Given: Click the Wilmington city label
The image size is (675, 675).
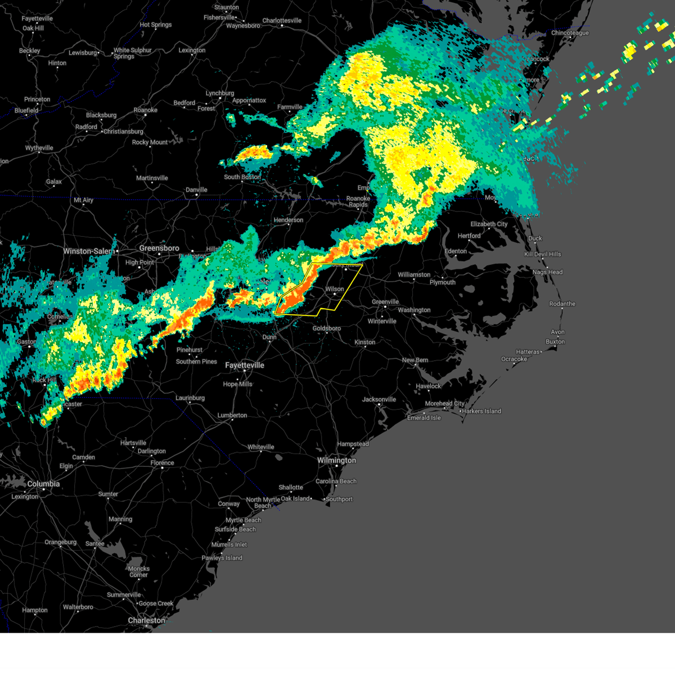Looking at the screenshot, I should pos(336,461).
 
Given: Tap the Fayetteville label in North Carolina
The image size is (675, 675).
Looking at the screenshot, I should pos(245,366).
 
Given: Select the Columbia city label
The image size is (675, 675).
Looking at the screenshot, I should pos(43,484).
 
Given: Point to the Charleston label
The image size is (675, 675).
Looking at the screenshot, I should pos(146,620).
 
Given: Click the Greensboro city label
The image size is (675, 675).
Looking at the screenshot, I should pos(159,248).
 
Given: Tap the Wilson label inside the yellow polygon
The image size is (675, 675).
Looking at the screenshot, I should pos(335,289).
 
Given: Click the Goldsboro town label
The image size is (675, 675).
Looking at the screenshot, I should pos(326,328).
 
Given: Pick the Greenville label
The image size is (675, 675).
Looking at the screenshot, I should pos(385,302).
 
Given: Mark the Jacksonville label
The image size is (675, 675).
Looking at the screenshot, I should pos(379,399).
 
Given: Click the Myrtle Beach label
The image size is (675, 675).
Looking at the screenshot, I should pos(244,520).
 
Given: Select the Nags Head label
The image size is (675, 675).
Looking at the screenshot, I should pos(547,272).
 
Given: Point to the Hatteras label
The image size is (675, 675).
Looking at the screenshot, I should pos(528,352).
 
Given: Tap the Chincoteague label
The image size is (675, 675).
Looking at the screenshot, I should pos(570,33).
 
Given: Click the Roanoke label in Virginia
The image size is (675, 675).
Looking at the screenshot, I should pos(145,110).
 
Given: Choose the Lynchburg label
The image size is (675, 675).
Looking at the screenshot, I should pos(219,93).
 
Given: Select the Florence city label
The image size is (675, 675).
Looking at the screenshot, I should pos(162,463).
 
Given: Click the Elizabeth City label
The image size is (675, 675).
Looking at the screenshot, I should pos(489,224).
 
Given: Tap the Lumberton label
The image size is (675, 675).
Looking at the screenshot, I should pos(232,416).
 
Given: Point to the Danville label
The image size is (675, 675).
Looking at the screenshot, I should pos(196,190).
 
